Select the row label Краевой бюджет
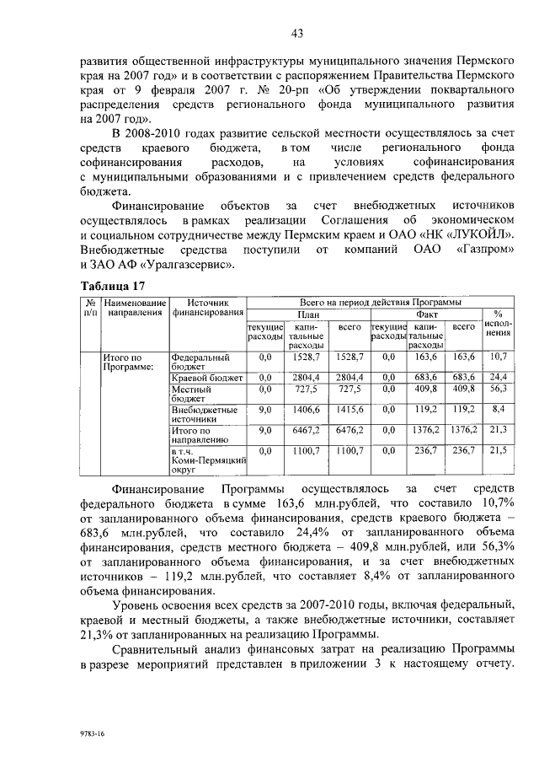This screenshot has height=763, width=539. pyautogui.click(x=206, y=377)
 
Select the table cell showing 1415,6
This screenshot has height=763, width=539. pyautogui.click(x=349, y=409)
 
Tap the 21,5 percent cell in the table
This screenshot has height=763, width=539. pyautogui.click(x=497, y=451)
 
